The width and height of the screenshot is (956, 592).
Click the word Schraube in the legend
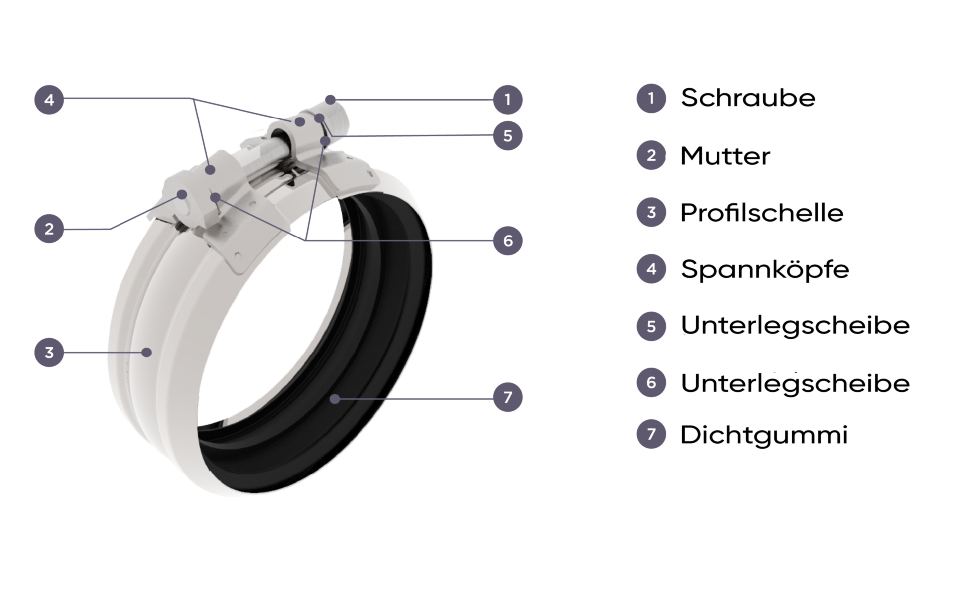(x=748, y=98)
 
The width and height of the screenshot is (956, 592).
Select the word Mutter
(x=725, y=156)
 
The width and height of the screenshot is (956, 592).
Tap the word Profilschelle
(x=762, y=213)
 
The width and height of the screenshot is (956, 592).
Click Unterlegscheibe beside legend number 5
(x=795, y=326)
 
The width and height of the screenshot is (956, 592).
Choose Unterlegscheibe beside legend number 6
(x=795, y=383)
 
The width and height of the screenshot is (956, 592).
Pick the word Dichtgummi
(x=764, y=435)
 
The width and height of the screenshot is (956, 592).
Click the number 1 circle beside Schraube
(x=651, y=98)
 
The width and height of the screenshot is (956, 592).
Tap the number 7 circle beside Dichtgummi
(x=651, y=434)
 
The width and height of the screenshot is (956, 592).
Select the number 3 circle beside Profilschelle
(x=651, y=212)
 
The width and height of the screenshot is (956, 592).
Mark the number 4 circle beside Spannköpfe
(x=651, y=269)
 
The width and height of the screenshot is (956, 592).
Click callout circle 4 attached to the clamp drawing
(x=49, y=100)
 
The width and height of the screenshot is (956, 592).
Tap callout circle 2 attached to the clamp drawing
(x=49, y=229)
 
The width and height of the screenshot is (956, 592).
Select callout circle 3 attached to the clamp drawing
(x=49, y=352)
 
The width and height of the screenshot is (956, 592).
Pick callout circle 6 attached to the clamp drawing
(x=508, y=240)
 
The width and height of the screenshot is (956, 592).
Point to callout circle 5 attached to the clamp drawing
(x=508, y=135)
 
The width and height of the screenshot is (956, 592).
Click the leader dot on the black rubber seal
(x=335, y=399)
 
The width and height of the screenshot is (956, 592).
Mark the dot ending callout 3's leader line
(x=146, y=352)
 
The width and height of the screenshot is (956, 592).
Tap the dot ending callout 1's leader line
(x=330, y=100)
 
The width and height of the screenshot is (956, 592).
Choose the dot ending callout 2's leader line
(x=182, y=194)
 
